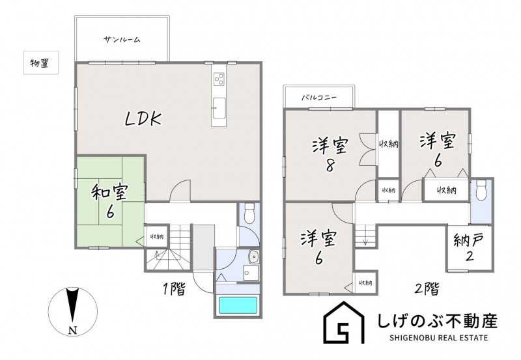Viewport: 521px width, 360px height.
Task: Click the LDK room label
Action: pyautogui.click(x=143, y=119)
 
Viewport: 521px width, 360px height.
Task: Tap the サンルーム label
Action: pyautogui.click(x=122, y=40)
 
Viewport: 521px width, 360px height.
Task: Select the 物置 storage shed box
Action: pyautogui.click(x=41, y=62)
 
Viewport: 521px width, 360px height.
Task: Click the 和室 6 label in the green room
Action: pyautogui.click(x=109, y=202)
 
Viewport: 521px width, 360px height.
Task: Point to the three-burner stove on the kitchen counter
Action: pyautogui.click(x=219, y=78)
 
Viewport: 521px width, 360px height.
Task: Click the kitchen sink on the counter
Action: pyautogui.click(x=219, y=108)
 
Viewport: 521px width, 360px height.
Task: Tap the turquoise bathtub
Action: pyautogui.click(x=238, y=305)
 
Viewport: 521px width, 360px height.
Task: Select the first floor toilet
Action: pyautogui.click(x=249, y=214)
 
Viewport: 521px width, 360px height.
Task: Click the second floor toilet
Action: pyautogui.click(x=481, y=189)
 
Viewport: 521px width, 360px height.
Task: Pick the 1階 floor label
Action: pyautogui.click(x=174, y=289)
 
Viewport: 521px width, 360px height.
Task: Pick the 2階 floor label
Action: pyautogui.click(x=427, y=289)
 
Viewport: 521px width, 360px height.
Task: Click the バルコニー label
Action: pyautogui.click(x=319, y=98)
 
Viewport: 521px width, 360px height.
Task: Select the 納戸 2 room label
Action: pyautogui.click(x=468, y=247)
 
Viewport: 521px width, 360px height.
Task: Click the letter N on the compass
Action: pyautogui.click(x=73, y=330)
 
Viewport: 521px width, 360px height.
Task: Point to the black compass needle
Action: pyautogui.click(x=72, y=306)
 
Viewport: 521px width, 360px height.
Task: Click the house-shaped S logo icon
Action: pyautogui.click(x=344, y=322)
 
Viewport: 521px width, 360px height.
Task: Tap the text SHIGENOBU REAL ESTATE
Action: pyautogui.click(x=438, y=338)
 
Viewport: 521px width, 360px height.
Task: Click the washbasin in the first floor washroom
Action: pyautogui.click(x=254, y=257)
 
